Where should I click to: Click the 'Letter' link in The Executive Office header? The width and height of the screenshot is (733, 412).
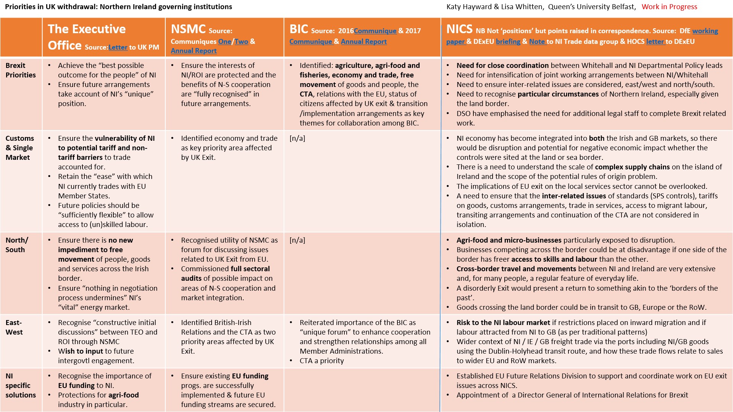(118, 47)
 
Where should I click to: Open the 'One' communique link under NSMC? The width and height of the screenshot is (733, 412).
(224, 42)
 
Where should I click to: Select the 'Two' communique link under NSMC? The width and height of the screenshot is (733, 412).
(241, 42)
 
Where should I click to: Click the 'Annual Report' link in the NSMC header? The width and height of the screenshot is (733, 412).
(194, 51)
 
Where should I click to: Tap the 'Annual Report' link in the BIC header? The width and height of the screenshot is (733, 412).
(363, 42)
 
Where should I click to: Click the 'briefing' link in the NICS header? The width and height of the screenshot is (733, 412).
(508, 42)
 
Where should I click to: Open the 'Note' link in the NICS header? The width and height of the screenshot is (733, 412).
(537, 42)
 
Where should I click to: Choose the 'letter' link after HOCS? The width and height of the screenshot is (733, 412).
(655, 42)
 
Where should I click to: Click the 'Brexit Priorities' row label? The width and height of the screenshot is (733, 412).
(21, 70)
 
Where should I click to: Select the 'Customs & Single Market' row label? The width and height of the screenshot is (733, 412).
(19, 148)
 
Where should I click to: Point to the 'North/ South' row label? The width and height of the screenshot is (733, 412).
(16, 245)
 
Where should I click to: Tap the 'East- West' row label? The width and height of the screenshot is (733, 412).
(14, 327)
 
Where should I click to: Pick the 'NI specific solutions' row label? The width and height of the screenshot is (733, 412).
(21, 385)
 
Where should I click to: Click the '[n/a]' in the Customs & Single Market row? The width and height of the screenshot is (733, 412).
(297, 138)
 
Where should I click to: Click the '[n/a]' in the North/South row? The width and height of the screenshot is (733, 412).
(297, 240)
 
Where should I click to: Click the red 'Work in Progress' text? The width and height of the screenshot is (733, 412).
(669, 7)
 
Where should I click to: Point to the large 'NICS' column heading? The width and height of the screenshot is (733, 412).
(459, 29)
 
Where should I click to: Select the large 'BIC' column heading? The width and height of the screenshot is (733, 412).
(299, 29)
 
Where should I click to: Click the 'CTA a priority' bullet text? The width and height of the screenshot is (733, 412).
(321, 361)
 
